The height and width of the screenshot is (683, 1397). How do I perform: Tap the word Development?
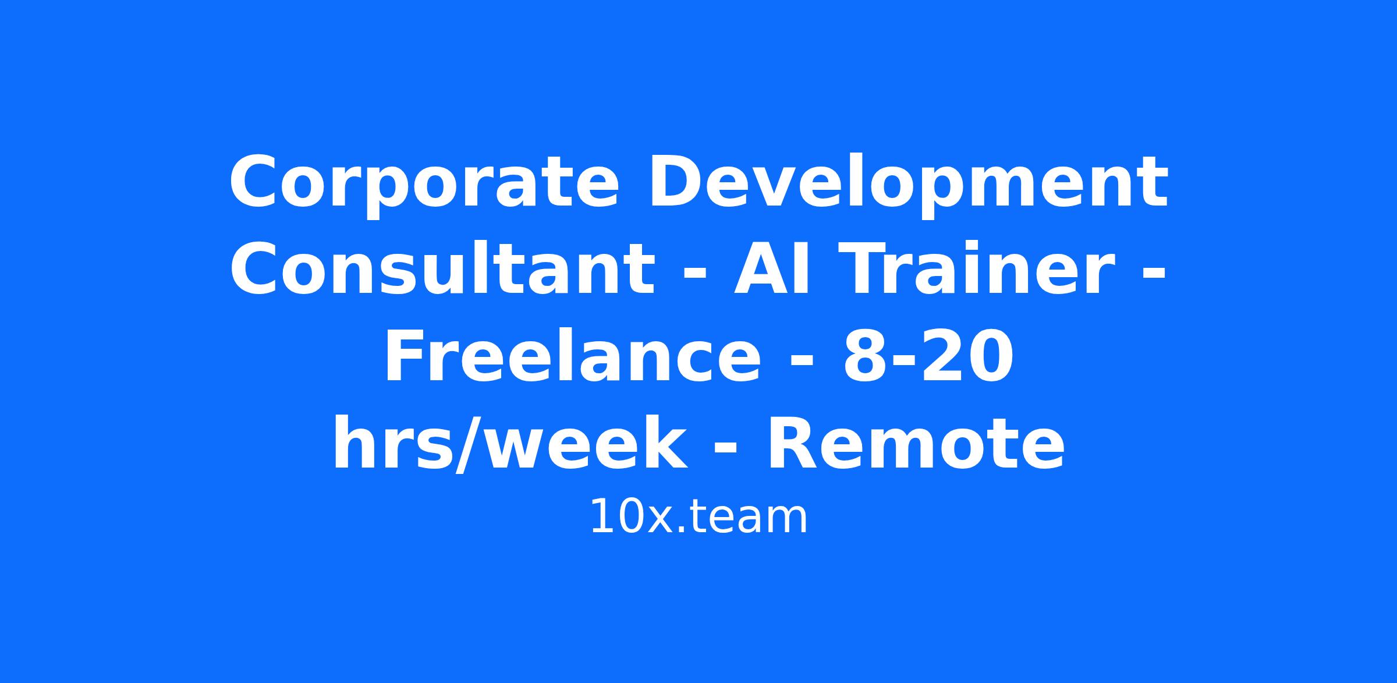pos(908,182)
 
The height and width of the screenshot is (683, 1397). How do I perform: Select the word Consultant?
pos(443,269)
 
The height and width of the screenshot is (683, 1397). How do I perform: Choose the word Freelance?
pos(572,356)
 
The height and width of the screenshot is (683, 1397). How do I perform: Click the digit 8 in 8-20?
pos(865,357)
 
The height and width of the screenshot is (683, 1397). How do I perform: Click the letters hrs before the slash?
pos(393,444)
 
